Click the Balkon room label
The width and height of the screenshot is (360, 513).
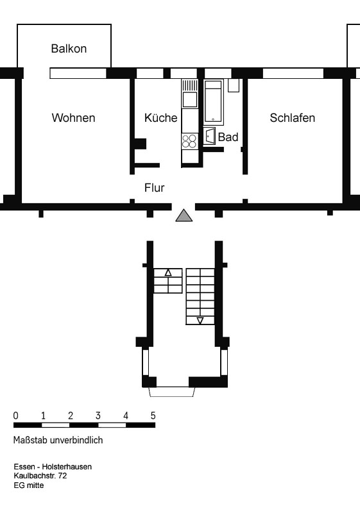tap(69, 49)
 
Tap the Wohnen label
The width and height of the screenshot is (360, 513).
tap(73, 118)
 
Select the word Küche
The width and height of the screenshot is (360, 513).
tap(160, 118)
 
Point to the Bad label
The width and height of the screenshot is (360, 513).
tap(228, 137)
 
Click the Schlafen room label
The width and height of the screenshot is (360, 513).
tap(292, 118)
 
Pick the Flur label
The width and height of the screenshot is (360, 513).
tap(154, 188)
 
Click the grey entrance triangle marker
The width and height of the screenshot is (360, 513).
tap(184, 215)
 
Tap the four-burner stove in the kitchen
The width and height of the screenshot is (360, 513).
tap(189, 141)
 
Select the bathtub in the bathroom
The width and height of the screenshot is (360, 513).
tap(214, 102)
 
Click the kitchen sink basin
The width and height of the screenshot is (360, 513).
tap(190, 99)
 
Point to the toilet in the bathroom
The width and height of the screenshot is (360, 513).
tap(209, 136)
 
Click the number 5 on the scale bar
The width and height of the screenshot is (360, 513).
tap(153, 416)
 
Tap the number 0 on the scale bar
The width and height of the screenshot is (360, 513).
tap(15, 416)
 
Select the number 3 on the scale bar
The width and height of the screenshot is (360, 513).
tap(98, 416)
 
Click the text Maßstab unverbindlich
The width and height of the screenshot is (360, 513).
tap(58, 440)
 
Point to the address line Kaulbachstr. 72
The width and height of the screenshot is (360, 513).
tap(40, 476)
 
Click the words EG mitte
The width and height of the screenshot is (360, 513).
tap(29, 485)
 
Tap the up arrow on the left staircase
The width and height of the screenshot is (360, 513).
tap(168, 273)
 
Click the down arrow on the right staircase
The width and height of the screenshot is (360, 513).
tap(200, 321)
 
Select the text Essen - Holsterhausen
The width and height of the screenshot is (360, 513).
tap(53, 467)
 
